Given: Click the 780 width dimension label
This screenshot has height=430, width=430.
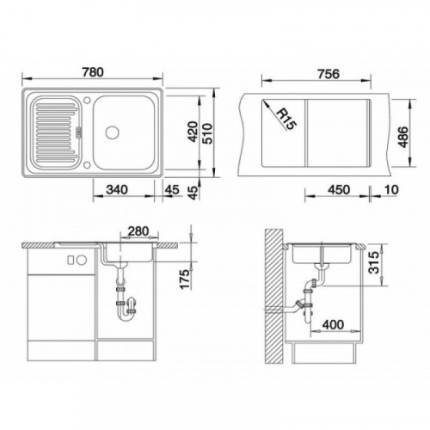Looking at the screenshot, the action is pos(93,72).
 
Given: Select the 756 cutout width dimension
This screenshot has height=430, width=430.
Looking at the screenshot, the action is pos(329,74).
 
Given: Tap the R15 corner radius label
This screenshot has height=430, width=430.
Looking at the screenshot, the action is pos(287,119).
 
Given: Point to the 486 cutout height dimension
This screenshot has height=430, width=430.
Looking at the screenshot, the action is pos(403,137).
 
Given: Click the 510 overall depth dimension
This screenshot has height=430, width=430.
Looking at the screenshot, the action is pos(207,133).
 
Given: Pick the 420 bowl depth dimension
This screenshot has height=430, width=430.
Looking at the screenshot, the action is pos(193,132).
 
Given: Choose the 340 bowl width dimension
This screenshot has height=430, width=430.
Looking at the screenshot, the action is pos(117,190).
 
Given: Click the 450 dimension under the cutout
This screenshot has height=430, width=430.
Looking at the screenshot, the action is pos(339,190).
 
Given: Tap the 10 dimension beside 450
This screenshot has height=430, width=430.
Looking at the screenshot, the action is pos(391,189).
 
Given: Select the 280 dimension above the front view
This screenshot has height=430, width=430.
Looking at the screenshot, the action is pos(138,231).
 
